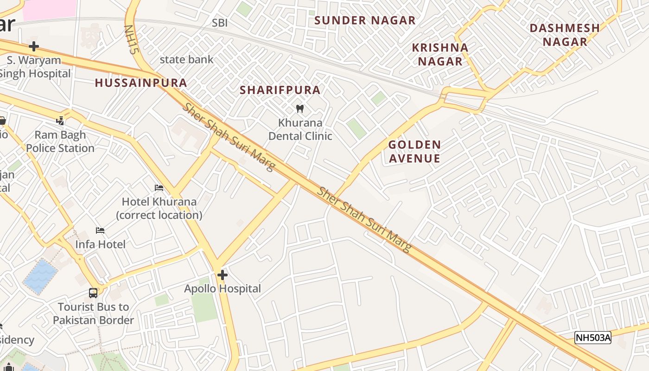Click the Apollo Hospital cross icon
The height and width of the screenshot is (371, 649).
(x=223, y=275)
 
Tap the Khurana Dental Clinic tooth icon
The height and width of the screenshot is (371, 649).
(x=300, y=109)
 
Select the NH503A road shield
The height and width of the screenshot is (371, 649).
(x=593, y=338)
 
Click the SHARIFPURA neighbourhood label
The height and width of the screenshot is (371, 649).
(x=280, y=90)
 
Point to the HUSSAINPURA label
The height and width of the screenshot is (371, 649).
(x=141, y=83)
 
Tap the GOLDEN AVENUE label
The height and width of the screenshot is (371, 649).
(x=414, y=151)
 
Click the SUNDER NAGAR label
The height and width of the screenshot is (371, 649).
(x=365, y=20)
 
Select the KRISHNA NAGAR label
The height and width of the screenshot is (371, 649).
(x=440, y=54)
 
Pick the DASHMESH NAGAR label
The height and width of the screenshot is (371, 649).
(x=565, y=34)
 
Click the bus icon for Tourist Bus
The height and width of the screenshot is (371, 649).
(x=93, y=293)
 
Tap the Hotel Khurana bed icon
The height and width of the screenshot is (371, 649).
(x=159, y=188)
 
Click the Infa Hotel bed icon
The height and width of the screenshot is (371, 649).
(x=100, y=230)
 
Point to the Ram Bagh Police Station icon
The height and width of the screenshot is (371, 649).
(x=60, y=121)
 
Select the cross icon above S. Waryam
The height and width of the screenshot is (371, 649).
(x=33, y=46)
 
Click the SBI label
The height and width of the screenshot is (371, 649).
(x=220, y=23)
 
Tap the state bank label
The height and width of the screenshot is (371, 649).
(x=186, y=59)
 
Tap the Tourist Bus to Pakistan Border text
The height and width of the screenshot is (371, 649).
(x=93, y=313)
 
